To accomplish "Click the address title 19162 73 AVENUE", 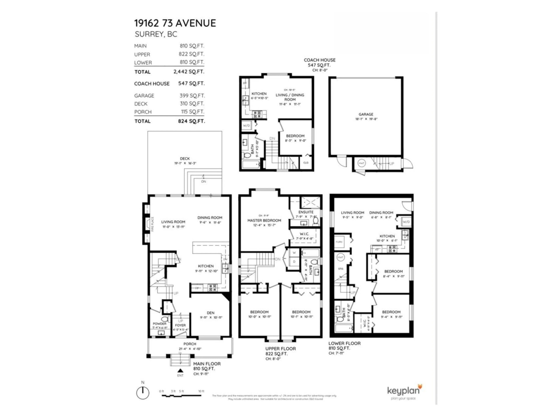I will [x=175, y=23].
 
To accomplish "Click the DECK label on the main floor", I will [x=185, y=159].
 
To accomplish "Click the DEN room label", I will [x=210, y=313].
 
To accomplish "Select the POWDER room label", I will [x=160, y=324].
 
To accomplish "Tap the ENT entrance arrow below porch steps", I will [x=180, y=371].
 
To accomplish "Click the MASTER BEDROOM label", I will [x=264, y=220].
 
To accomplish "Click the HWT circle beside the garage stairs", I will [x=361, y=163].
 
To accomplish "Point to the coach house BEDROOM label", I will [x=295, y=136].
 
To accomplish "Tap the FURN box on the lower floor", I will [x=339, y=242].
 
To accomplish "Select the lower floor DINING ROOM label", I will [x=381, y=213].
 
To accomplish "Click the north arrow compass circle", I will [x=142, y=393].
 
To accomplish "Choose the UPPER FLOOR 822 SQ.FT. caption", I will [x=280, y=351].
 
